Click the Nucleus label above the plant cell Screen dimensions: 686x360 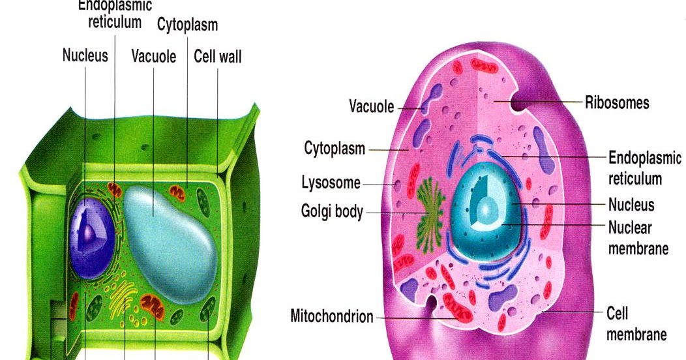coord(85,55)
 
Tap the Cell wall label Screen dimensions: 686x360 coord(218,56)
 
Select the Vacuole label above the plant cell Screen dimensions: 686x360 coord(154,56)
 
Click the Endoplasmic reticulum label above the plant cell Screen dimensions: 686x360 coord(115,14)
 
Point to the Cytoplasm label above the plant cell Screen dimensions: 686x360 coord(187,25)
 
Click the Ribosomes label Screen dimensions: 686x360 coord(617,103)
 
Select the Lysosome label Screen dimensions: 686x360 coord(331,183)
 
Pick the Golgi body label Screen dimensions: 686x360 coord(332,212)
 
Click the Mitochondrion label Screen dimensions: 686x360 coord(332,317)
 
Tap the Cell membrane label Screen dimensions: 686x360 coord(636,324)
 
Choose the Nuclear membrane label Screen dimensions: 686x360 coord(637,238)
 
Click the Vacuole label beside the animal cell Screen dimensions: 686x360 coord(372,106)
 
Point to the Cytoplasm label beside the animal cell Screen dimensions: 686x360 coord(335,148)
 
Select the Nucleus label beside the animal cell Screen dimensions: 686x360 coord(631,205)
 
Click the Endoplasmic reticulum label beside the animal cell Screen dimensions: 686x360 coord(644,168)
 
